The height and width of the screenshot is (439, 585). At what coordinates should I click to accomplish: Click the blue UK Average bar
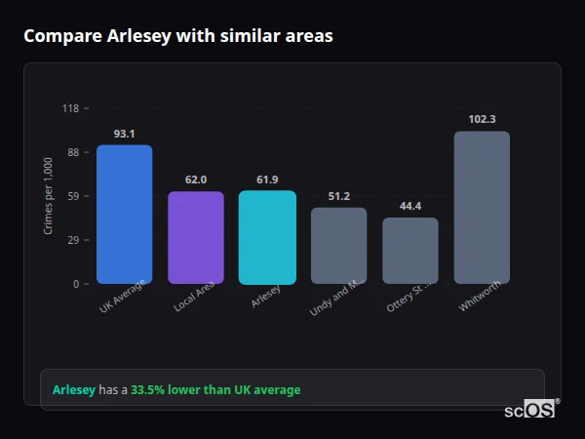(x=124, y=215)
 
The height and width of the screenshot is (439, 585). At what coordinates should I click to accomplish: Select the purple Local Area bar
(x=196, y=238)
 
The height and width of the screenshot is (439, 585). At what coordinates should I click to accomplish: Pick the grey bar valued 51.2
(x=338, y=246)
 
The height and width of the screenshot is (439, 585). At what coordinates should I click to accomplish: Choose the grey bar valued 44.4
(x=410, y=251)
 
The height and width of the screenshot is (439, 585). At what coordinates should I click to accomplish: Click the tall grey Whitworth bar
(x=482, y=208)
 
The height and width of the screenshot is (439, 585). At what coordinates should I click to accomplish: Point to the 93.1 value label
(x=124, y=134)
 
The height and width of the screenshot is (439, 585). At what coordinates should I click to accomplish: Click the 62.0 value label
(x=196, y=180)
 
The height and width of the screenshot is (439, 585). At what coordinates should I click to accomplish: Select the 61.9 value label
(x=267, y=180)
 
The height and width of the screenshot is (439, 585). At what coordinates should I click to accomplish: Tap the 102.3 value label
(x=482, y=119)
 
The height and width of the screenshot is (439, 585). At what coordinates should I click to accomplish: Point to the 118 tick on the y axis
(x=70, y=108)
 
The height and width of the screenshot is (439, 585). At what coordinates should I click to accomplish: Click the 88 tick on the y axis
(x=72, y=152)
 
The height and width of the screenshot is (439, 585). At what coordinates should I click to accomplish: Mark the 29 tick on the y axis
(x=72, y=240)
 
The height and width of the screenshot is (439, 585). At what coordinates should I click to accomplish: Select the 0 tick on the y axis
(x=75, y=284)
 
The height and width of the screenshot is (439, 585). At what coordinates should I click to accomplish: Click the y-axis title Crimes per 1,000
(x=49, y=195)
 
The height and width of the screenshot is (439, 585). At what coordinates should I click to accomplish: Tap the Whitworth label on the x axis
(x=481, y=299)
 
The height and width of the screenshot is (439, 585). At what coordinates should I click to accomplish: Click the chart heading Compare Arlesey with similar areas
(x=178, y=36)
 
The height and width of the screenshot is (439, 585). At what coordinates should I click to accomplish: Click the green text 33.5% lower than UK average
(x=215, y=390)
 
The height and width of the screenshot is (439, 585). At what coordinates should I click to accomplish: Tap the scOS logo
(x=530, y=410)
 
